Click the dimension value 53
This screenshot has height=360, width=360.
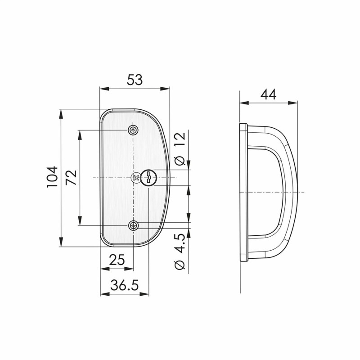tap(135, 80)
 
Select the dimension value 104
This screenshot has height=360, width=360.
tap(52, 177)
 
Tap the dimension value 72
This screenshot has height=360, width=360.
tap(71, 177)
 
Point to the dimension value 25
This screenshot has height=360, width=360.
tap(117, 260)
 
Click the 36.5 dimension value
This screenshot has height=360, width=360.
tap(125, 285)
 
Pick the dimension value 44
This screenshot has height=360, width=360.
tap(268, 94)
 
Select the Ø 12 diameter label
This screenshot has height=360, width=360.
tap(180, 148)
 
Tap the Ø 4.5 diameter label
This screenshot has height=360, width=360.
tap(180, 252)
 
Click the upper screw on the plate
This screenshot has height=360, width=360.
tap(133, 130)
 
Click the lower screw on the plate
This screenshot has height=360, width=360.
tap(133, 225)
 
